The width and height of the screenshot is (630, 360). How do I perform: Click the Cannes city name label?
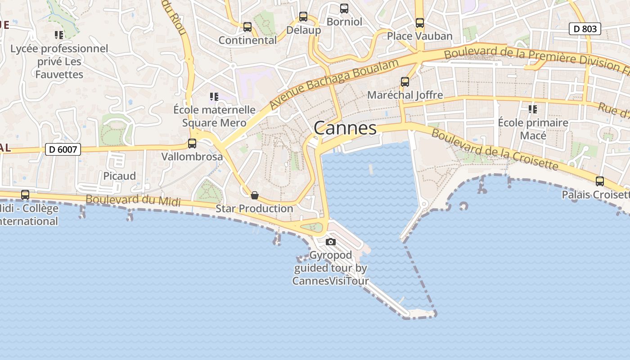point(345,128)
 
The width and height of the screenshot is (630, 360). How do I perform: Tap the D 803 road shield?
point(585,29)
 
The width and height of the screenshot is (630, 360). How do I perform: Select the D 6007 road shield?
point(63,149)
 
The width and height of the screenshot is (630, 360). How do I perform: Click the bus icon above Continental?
point(247,27)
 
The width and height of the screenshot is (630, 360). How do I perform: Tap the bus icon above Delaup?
point(303,17)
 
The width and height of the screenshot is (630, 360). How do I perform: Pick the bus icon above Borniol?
point(344,9)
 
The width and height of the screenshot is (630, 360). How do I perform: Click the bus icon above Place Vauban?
point(420,23)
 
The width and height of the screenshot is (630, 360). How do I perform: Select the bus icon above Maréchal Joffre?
point(405,82)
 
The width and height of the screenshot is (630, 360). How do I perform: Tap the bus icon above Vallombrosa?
point(192,144)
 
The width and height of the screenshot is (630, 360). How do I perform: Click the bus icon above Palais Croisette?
point(600,181)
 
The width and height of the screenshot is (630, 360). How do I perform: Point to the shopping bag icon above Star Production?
point(255,195)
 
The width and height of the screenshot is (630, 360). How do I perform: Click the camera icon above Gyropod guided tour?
point(331,242)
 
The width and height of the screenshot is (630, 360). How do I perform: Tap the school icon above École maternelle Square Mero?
point(214,96)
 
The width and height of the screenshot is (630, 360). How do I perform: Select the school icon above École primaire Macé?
point(533,109)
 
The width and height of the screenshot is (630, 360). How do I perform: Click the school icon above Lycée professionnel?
point(59,35)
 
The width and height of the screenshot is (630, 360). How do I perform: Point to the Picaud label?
point(120,176)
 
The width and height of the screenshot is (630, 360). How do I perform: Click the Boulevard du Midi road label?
point(133,200)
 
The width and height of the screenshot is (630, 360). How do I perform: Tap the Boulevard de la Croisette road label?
point(495,150)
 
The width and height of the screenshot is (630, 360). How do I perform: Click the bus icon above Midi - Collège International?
point(25,195)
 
